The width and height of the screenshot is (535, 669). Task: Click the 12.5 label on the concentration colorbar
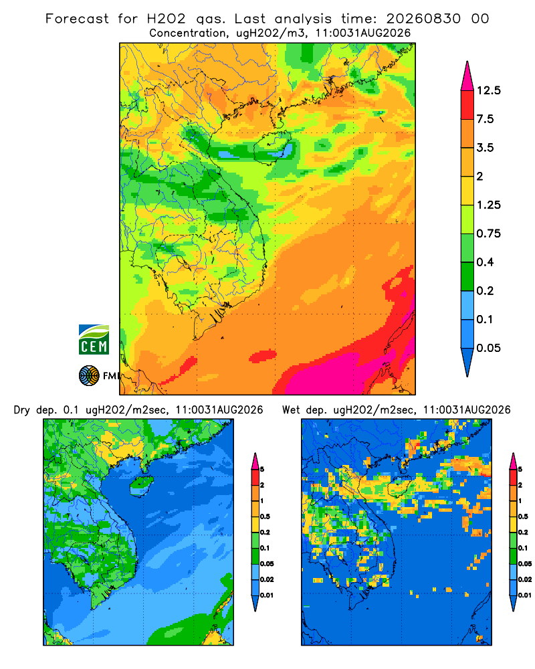pyautogui.click(x=488, y=90)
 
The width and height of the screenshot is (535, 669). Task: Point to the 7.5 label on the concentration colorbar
pyautogui.click(x=485, y=119)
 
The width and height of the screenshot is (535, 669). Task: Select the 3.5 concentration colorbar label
pyautogui.click(x=485, y=148)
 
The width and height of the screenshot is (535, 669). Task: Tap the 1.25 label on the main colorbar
pyautogui.click(x=488, y=205)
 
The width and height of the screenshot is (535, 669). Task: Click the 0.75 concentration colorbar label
pyautogui.click(x=488, y=233)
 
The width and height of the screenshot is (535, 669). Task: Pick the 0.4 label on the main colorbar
pyautogui.click(x=485, y=262)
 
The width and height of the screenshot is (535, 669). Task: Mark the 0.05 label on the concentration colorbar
pyautogui.click(x=488, y=348)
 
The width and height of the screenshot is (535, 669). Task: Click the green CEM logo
pyautogui.click(x=94, y=340)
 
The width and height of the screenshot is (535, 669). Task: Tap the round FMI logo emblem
pyautogui.click(x=89, y=376)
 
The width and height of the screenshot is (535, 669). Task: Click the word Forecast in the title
pyautogui.click(x=77, y=19)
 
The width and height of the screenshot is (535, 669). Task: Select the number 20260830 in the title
pyautogui.click(x=423, y=19)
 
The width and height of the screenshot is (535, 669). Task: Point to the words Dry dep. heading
pyautogui.click(x=36, y=410)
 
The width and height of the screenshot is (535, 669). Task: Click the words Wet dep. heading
pyautogui.click(x=305, y=410)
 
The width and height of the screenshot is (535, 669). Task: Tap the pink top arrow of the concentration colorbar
pyautogui.click(x=467, y=76)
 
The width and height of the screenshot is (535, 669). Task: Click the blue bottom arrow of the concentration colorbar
pyautogui.click(x=467, y=362)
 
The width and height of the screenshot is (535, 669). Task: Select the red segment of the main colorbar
pyautogui.click(x=467, y=105)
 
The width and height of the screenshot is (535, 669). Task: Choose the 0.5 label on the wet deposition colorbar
pyautogui.click(x=522, y=516)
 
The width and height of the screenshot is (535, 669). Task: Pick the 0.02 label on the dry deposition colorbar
pyautogui.click(x=267, y=579)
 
